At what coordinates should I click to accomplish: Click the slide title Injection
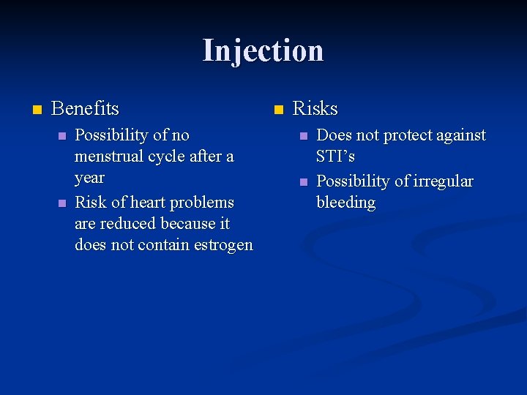pos(263,50)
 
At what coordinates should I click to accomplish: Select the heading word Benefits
pos(85,109)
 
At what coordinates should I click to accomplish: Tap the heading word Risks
pos(315,109)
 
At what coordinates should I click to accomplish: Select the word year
pos(89,178)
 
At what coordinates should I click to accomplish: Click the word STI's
pos(335,157)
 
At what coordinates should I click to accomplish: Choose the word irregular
pos(443,181)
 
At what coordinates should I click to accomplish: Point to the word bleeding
pos(345,203)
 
